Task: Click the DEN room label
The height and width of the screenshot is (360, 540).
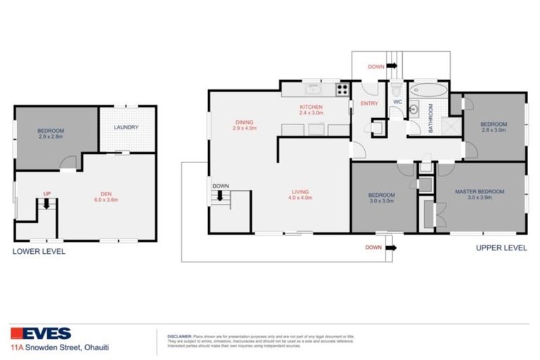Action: [106, 196]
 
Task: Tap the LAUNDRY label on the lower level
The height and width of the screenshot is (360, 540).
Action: [126, 127]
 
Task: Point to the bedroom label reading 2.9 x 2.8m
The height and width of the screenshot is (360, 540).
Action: [51, 134]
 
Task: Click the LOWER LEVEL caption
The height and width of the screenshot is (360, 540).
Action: [39, 251]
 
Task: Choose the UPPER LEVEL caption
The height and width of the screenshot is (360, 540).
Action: [501, 247]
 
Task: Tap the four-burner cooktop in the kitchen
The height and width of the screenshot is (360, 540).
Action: [342, 89]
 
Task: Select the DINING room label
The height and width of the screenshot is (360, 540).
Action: [245, 125]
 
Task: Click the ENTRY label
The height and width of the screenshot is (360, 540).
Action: [369, 103]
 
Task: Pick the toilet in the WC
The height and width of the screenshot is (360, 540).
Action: [397, 90]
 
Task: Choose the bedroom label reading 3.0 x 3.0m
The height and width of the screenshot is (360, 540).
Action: [381, 198]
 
